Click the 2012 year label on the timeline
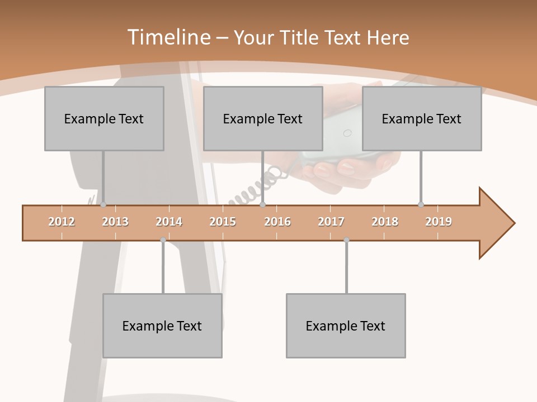pyautogui.click(x=62, y=222)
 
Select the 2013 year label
pyautogui.click(x=115, y=222)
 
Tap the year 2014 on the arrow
pyautogui.click(x=169, y=222)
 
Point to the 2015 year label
pyautogui.click(x=223, y=222)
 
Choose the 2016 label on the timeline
pyautogui.click(x=277, y=222)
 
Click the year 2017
pyautogui.click(x=331, y=222)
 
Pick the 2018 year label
pyautogui.click(x=385, y=222)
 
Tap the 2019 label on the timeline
pyautogui.click(x=439, y=222)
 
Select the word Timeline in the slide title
pyautogui.click(x=168, y=37)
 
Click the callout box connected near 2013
pyautogui.click(x=104, y=118)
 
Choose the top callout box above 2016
pyautogui.click(x=263, y=118)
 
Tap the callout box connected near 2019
pyautogui.click(x=422, y=118)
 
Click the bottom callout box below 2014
pyautogui.click(x=162, y=326)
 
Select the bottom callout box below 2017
pyautogui.click(x=346, y=326)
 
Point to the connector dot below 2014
pyautogui.click(x=163, y=240)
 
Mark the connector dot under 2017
pyautogui.click(x=346, y=240)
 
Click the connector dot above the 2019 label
pyautogui.click(x=421, y=204)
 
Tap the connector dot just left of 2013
pyautogui.click(x=103, y=204)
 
